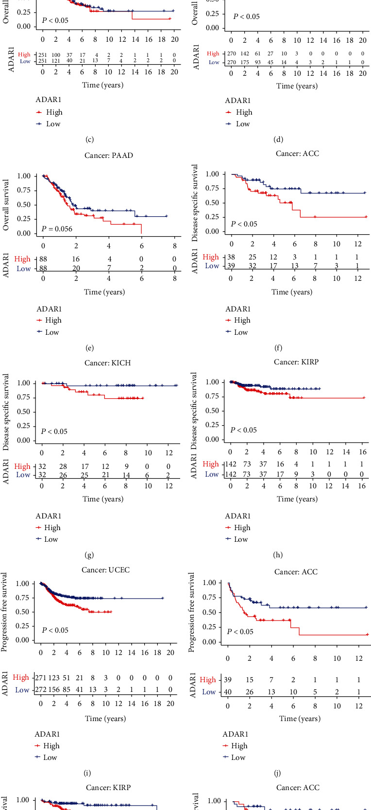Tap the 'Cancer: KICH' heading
click(107, 363)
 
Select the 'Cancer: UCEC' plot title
click(106, 570)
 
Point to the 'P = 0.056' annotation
click(57, 229)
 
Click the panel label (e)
click(89, 348)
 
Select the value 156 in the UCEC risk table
click(54, 690)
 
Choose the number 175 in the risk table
click(245, 62)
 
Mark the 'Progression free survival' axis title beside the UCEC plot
click(4, 612)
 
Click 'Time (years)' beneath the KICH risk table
click(103, 499)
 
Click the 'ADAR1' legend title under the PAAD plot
click(49, 309)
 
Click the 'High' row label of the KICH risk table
click(22, 466)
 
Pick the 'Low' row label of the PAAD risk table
click(24, 269)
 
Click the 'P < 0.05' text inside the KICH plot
click(54, 431)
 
